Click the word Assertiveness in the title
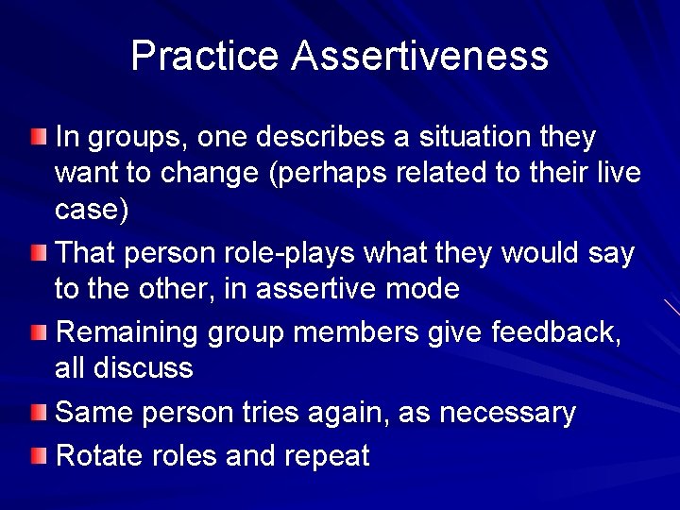[420, 56]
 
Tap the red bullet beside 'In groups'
[36, 139]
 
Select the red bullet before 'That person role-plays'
[36, 253]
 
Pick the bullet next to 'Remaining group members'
[36, 332]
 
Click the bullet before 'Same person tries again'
[36, 412]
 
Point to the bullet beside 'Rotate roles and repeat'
[36, 457]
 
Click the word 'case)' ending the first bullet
[92, 210]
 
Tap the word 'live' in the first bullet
[618, 174]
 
